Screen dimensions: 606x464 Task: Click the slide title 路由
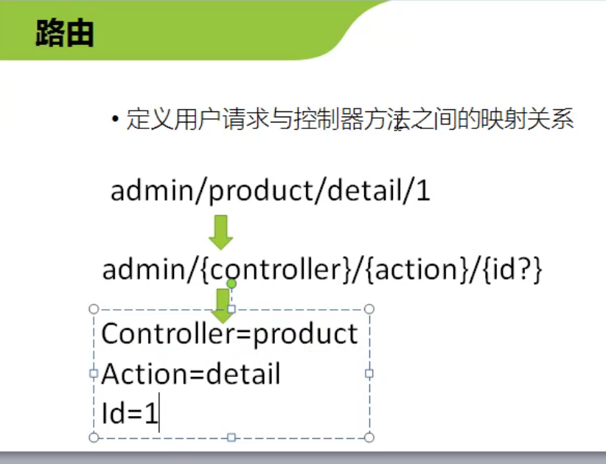pyautogui.click(x=65, y=33)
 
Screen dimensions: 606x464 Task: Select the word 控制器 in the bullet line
pyautogui.click(x=329, y=119)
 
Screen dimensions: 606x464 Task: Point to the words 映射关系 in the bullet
pyautogui.click(x=526, y=119)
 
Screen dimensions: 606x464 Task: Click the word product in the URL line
pyautogui.click(x=260, y=191)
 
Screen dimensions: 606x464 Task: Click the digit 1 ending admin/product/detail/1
pyautogui.click(x=424, y=191)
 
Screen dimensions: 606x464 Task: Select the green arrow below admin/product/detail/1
pyautogui.click(x=220, y=232)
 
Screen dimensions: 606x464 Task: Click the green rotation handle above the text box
pyautogui.click(x=231, y=284)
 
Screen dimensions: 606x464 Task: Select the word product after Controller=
pyautogui.click(x=305, y=335)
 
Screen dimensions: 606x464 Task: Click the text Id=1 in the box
pyautogui.click(x=130, y=413)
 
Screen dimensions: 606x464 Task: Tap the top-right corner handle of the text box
pyautogui.click(x=369, y=309)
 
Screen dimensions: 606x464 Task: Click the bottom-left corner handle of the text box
pyautogui.click(x=94, y=437)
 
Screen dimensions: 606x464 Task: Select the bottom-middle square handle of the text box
pyautogui.click(x=231, y=437)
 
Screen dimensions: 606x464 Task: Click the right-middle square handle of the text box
pyautogui.click(x=369, y=373)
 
